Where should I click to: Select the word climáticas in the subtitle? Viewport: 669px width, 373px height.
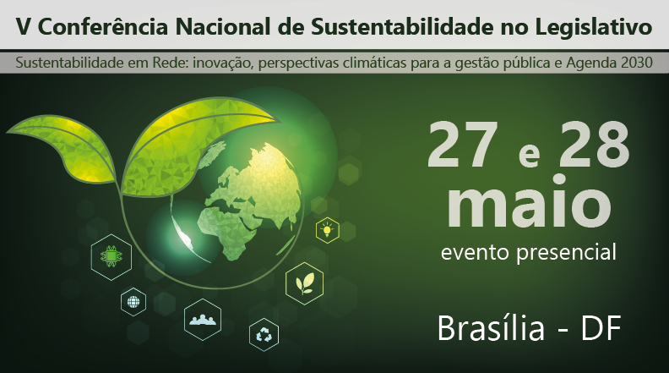(x=377, y=63)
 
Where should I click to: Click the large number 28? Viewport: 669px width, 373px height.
(x=588, y=145)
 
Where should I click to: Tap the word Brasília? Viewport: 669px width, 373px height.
(x=492, y=329)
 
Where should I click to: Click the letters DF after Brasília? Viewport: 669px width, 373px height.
(x=601, y=329)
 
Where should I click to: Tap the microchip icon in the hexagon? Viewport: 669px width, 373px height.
(x=109, y=254)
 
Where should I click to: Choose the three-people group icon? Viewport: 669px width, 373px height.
(x=203, y=319)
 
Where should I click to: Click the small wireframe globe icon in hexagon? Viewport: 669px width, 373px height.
(x=133, y=300)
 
